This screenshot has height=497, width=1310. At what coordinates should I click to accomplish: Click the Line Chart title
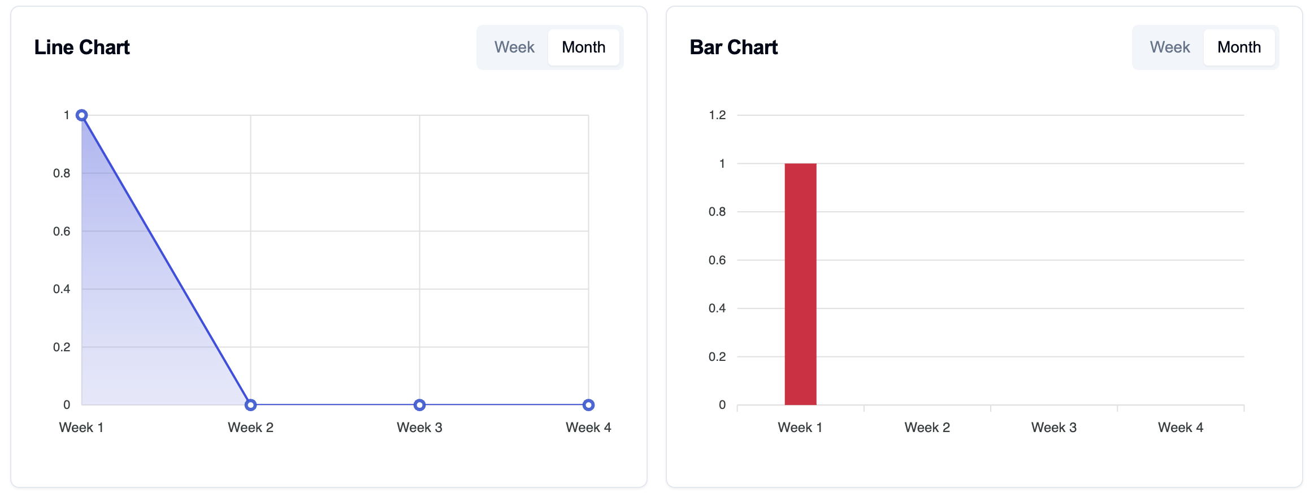point(82,47)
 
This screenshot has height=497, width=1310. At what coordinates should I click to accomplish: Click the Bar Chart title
point(734,47)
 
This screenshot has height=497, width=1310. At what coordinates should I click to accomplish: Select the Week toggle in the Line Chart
point(514,47)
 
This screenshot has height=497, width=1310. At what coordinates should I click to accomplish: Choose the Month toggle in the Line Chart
point(583,47)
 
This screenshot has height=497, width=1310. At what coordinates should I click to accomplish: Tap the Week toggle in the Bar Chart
point(1170,47)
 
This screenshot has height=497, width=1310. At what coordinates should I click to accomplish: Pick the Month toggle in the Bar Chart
point(1239,47)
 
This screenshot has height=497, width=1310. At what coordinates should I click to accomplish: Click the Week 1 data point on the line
point(82,115)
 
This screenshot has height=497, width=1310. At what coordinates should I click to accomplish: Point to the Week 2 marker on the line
point(251,405)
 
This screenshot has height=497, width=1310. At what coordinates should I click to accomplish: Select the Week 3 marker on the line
point(419,405)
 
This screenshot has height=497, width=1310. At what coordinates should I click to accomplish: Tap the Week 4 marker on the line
point(588,405)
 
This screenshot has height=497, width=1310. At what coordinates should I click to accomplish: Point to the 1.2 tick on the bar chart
point(717,115)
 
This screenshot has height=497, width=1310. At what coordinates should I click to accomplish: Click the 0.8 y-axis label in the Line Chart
point(62,173)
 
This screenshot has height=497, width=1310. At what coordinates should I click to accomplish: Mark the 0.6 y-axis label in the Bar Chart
point(717,260)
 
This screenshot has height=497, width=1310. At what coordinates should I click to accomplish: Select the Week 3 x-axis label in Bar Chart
point(1053,428)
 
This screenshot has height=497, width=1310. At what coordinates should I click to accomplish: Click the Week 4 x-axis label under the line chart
point(588,428)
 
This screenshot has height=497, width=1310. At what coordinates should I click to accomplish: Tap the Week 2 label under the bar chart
point(927,428)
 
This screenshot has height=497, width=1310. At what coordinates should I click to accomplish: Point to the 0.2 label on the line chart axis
point(62,347)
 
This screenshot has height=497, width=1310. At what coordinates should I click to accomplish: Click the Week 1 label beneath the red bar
point(800,428)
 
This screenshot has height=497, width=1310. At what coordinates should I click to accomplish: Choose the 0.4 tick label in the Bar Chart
point(717,308)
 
